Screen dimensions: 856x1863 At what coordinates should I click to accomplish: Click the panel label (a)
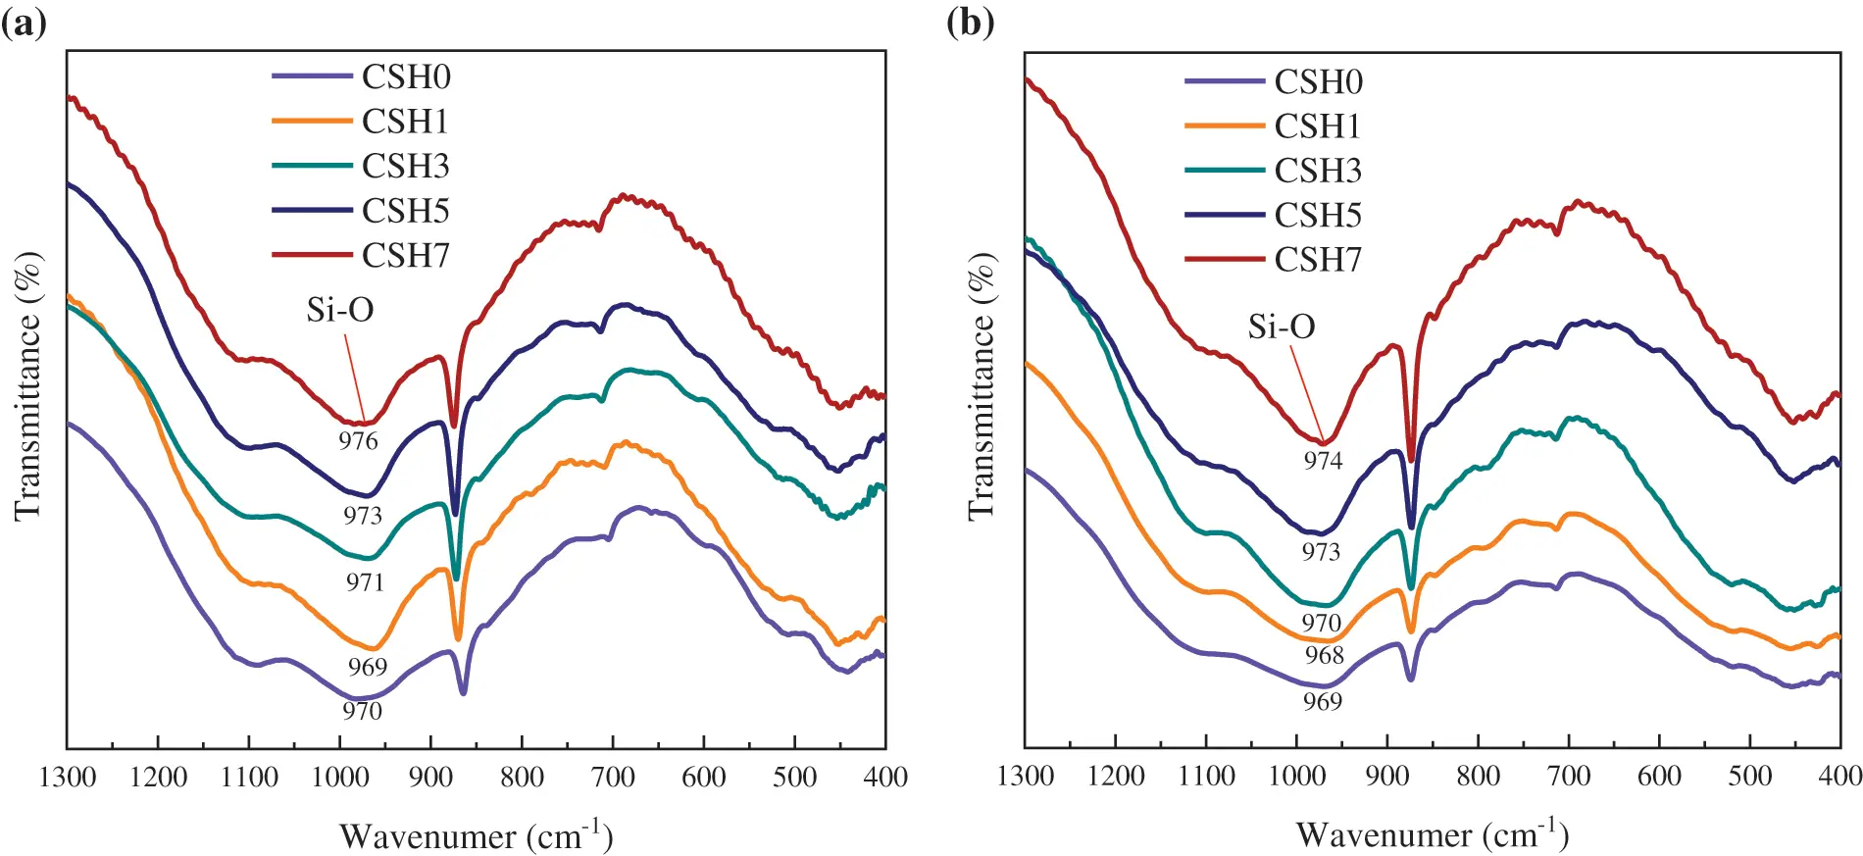(x=24, y=22)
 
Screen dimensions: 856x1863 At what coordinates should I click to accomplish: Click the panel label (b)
(x=970, y=22)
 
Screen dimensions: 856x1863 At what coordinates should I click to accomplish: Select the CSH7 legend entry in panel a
(x=405, y=256)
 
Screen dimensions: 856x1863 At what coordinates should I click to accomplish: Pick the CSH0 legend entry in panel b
(x=1318, y=82)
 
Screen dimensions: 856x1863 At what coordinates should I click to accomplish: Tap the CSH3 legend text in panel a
(x=405, y=167)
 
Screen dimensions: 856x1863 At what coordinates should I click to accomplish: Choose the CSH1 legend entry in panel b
(x=1318, y=126)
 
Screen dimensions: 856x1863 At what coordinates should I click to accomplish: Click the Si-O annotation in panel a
(x=339, y=310)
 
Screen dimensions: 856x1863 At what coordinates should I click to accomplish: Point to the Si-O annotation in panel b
(x=1281, y=327)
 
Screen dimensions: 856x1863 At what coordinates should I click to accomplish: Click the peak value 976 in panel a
(x=358, y=441)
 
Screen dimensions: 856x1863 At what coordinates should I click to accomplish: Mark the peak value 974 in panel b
(x=1322, y=461)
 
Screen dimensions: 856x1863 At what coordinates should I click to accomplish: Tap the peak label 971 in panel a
(x=364, y=582)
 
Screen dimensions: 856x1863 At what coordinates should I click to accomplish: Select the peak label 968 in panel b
(x=1324, y=655)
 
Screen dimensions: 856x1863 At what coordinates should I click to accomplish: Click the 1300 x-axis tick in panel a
(x=67, y=778)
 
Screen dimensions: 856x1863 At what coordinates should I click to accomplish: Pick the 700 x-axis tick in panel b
(x=1568, y=776)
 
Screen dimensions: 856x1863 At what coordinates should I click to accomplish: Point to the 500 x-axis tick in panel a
(x=794, y=778)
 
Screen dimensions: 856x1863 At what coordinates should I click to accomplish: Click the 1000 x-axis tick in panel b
(x=1296, y=776)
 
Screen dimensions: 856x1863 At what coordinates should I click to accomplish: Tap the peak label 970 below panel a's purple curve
(x=362, y=711)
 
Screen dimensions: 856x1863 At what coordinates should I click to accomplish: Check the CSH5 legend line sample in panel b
(x=1224, y=215)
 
